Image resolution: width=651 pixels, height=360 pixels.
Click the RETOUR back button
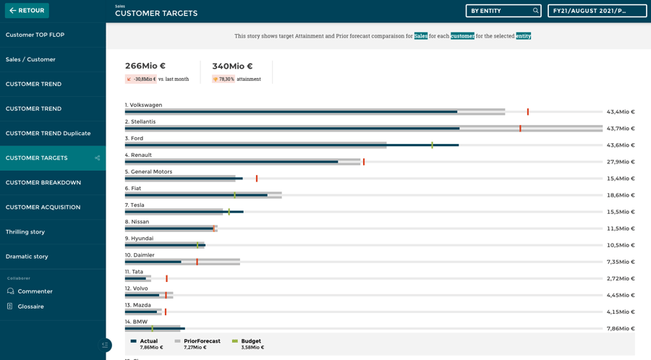27,11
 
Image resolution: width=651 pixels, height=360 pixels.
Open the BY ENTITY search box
503,11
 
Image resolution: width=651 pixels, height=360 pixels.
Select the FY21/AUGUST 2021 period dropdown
597,11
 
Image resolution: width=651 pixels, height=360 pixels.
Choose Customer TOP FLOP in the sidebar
35,35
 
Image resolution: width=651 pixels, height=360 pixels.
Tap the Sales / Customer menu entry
30,59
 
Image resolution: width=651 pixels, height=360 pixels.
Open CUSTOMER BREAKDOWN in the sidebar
43,182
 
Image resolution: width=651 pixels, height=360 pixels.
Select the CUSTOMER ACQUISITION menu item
43,207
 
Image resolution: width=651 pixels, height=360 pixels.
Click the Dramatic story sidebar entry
27,256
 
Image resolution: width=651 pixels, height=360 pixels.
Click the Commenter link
35,291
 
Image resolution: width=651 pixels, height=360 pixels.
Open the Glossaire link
30,307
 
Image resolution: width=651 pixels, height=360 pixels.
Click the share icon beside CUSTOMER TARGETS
97,158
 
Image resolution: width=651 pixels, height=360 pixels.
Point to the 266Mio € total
145,66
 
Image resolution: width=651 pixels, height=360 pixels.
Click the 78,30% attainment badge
224,79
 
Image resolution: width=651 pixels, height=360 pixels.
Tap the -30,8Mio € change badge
141,79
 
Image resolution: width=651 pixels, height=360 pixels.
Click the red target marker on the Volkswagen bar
528,112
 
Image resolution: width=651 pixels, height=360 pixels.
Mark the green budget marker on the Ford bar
433,145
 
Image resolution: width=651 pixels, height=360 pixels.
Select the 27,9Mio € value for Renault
621,162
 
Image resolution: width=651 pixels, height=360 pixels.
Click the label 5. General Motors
148,171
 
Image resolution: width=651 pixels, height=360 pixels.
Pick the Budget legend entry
250,341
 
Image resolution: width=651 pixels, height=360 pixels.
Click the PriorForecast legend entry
201,341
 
